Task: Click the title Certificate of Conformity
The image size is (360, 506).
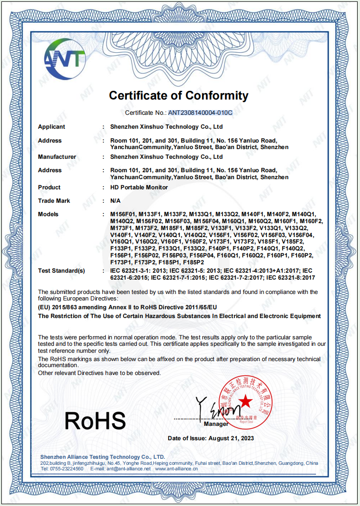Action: [x=179, y=96]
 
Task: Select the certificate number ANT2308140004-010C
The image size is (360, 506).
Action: [x=200, y=112]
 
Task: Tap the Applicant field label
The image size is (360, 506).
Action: [x=51, y=127]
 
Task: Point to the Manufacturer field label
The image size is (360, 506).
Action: [x=57, y=157]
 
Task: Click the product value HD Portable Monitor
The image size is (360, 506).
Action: [x=139, y=187]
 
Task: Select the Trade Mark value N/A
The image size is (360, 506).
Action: [x=115, y=201]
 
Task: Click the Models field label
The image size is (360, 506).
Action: [x=48, y=214]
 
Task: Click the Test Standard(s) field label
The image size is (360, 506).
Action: [x=62, y=271]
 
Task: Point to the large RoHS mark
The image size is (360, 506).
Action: [x=95, y=420]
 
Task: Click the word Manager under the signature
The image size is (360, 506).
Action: [x=216, y=424]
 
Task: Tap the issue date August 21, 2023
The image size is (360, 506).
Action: [x=231, y=438]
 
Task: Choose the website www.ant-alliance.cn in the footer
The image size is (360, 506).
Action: [x=177, y=469]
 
